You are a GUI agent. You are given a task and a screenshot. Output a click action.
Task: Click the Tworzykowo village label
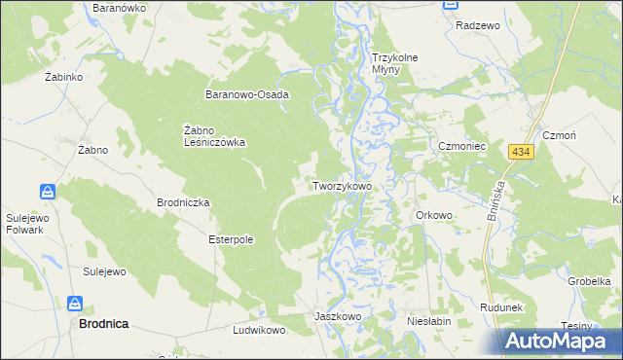coord(341,185)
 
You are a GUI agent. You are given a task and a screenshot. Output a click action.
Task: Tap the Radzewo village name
coord(477,25)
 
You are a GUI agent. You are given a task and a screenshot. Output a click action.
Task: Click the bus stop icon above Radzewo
coord(451,5)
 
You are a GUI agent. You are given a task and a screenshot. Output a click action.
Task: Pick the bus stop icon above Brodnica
coord(74,304)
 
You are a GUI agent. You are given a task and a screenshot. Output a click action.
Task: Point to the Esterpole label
coord(231,238)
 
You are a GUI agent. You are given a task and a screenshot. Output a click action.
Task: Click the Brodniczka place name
coord(183,202)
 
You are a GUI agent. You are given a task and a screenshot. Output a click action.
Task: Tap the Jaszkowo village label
coord(338,316)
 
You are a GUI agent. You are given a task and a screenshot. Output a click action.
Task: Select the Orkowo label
coord(434,215)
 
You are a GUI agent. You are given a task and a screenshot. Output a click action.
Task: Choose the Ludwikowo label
coord(258,331)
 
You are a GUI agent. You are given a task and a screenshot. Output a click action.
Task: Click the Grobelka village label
coord(589,281)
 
